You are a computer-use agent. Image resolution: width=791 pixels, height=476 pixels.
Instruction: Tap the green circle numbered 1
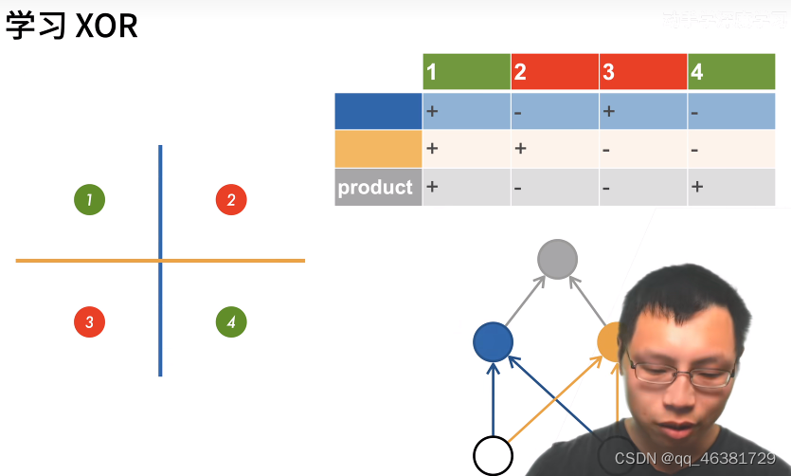pyautogui.click(x=89, y=200)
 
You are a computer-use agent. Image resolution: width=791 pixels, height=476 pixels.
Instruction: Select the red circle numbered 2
pyautogui.click(x=231, y=200)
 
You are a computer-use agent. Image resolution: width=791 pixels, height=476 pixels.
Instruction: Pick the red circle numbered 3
pyautogui.click(x=89, y=322)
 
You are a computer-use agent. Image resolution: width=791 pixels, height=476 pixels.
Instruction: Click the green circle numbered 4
pyautogui.click(x=231, y=322)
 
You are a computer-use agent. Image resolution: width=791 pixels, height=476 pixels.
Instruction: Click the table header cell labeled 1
pyautogui.click(x=466, y=72)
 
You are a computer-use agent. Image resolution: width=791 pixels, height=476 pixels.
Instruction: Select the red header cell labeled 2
pyautogui.click(x=554, y=72)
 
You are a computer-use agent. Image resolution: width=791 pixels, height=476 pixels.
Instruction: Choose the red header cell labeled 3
pyautogui.click(x=642, y=72)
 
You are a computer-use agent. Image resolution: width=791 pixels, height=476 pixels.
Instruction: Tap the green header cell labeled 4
pyautogui.click(x=730, y=72)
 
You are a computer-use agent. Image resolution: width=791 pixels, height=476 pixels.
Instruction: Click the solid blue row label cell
pyautogui.click(x=378, y=111)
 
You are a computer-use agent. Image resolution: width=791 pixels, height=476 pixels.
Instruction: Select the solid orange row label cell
pyautogui.click(x=378, y=149)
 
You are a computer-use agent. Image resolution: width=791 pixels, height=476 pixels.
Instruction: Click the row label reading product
pyautogui.click(x=376, y=188)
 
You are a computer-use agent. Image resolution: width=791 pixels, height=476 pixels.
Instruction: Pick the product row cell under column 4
pyautogui.click(x=730, y=188)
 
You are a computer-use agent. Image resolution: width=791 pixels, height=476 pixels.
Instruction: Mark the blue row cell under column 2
pyautogui.click(x=554, y=111)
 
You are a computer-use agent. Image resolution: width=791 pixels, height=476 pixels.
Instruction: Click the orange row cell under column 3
pyautogui.click(x=642, y=149)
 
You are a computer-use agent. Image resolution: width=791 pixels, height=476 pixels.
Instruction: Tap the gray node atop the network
pyautogui.click(x=557, y=259)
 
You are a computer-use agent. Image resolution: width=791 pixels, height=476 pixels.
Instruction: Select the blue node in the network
pyautogui.click(x=493, y=342)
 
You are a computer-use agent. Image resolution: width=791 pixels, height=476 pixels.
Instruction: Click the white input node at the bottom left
pyautogui.click(x=493, y=455)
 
